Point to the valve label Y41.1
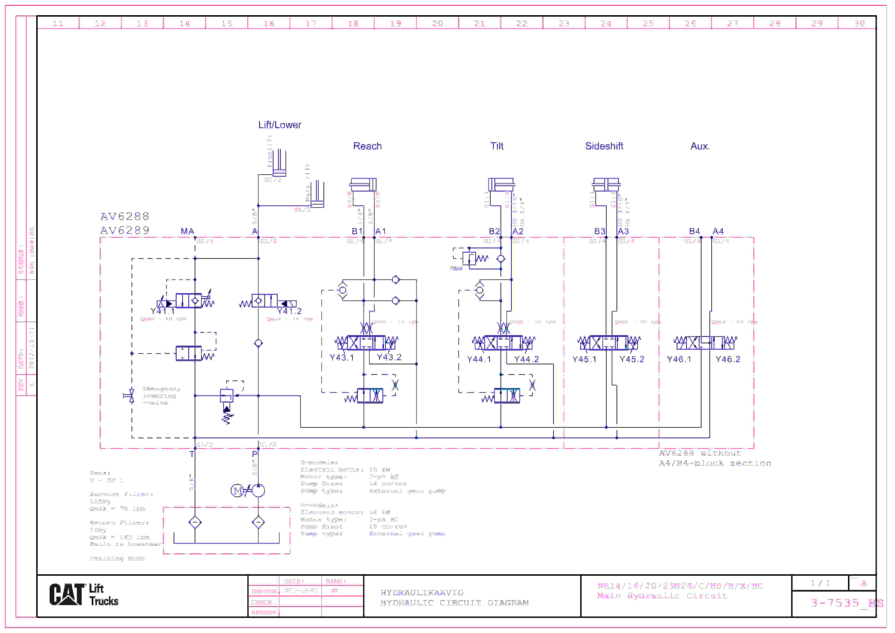coord(163,311)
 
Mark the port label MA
coord(187,231)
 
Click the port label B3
coord(599,231)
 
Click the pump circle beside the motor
coord(258,491)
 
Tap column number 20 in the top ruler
coord(437,23)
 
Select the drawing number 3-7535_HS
coord(846,603)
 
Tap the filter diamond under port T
coord(195,522)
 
